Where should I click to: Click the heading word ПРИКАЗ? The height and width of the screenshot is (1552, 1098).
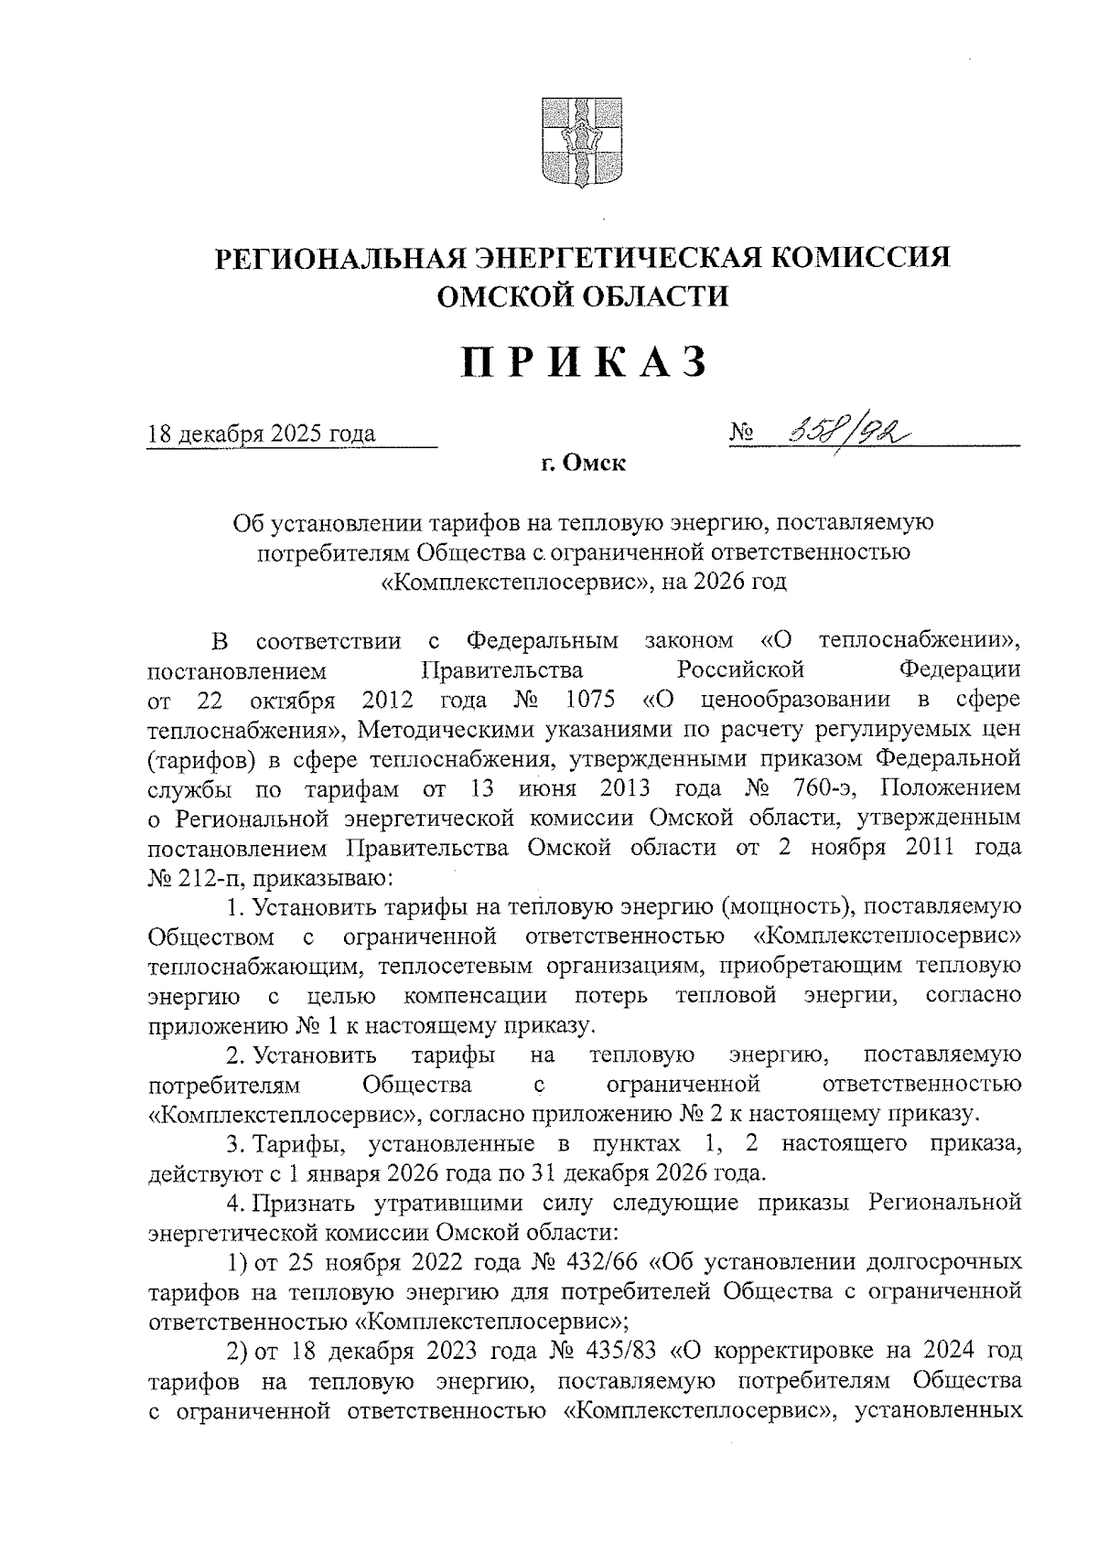coord(584,363)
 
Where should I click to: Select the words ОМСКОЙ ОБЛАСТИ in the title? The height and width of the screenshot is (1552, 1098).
coord(583,296)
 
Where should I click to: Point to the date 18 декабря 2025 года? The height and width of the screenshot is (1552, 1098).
coord(262,433)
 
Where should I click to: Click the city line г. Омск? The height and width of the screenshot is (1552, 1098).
coord(582,465)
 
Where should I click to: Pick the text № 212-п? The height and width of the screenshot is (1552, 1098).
coord(189,878)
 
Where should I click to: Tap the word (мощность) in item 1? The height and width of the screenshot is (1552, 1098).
coord(787,907)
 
